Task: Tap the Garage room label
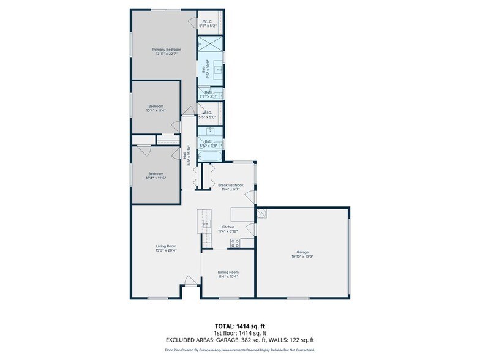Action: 302,252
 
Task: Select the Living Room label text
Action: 166,246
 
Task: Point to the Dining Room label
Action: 228,272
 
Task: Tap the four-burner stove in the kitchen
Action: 234,243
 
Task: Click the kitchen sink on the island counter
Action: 206,223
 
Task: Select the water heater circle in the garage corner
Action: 262,214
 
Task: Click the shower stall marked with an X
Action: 210,45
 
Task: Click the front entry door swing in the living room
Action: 191,282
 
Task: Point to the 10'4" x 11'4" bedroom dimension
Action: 156,111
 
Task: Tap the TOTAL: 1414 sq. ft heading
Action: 239,326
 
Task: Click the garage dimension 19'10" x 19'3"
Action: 302,256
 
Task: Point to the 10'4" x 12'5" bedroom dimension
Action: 156,178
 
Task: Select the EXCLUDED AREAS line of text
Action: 239,339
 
